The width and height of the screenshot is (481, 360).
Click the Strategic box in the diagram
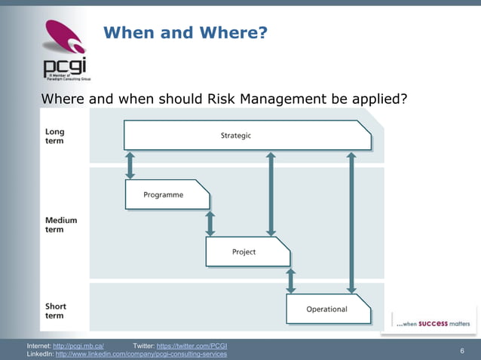pos(247,136)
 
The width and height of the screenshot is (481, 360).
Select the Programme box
pos(166,194)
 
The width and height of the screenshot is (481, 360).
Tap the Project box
pos(247,252)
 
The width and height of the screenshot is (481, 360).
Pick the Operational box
pos(327,309)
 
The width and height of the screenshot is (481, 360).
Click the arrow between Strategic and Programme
pos(130,164)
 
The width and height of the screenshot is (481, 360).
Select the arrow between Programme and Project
pos(210,223)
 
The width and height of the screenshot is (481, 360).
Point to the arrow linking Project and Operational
pos(291,280)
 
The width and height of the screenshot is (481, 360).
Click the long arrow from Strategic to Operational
pos(351,222)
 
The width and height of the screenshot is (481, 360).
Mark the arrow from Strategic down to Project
pos(271,194)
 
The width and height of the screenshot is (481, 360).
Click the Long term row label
pos(55,136)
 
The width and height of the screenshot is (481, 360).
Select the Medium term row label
pos(61,225)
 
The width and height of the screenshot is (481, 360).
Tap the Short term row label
pos(55,311)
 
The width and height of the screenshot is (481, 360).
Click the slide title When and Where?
pos(185,32)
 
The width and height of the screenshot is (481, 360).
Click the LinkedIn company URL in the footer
pos(141,354)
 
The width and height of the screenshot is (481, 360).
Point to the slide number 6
pos(461,351)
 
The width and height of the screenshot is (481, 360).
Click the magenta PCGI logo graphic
pos(64,39)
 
